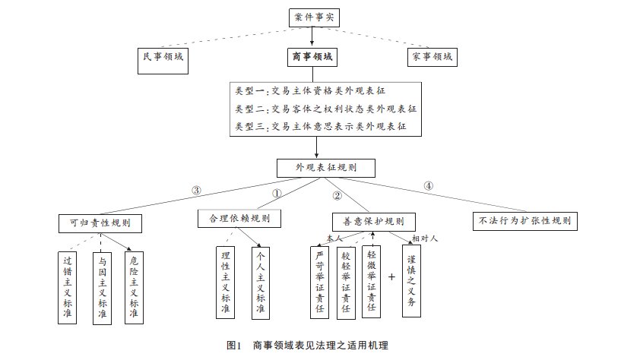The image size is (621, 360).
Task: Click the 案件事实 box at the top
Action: click(312, 17)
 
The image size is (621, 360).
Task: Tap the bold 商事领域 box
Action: click(312, 57)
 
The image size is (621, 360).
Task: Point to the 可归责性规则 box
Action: click(100, 223)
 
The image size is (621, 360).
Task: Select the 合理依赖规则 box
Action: click(239, 219)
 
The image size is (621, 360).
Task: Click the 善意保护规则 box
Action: click(369, 222)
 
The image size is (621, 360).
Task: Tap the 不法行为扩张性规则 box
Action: click(524, 222)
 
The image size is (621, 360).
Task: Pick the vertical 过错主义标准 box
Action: click(68, 287)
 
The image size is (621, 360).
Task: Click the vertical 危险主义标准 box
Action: click(134, 287)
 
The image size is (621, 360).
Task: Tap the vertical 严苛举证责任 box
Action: click(320, 281)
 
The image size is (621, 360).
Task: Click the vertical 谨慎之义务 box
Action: click(411, 281)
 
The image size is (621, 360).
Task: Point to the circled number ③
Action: click(196, 190)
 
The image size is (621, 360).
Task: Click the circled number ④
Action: click(428, 186)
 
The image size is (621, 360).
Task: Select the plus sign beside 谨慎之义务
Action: click(392, 277)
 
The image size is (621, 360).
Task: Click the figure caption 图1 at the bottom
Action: click(233, 346)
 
